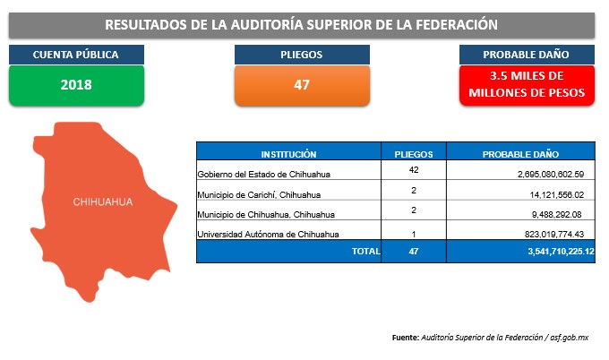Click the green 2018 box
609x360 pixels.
coord(76,85)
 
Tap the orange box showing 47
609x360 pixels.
coord(302,85)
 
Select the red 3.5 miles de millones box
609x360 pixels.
coord(527,85)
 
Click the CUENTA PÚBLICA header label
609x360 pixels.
coord(76,55)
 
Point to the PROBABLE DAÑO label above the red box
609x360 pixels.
coord(526,55)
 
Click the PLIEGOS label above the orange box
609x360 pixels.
coord(302,55)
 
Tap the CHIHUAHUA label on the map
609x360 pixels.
coord(103,202)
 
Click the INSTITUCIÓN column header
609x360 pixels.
coord(288,155)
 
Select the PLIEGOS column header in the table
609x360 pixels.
coord(414,155)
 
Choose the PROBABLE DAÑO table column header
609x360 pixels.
coord(520,155)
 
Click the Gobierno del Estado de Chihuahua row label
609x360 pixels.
coord(263,175)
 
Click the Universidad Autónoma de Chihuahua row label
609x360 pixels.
coord(268,234)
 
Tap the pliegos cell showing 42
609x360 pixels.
coord(414,170)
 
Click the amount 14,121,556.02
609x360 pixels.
coord(556,194)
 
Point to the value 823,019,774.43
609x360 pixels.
coord(554,234)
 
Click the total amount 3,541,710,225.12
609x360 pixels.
coord(561,252)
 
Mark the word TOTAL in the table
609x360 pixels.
coord(366,252)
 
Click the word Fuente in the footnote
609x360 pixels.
coord(406,338)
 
